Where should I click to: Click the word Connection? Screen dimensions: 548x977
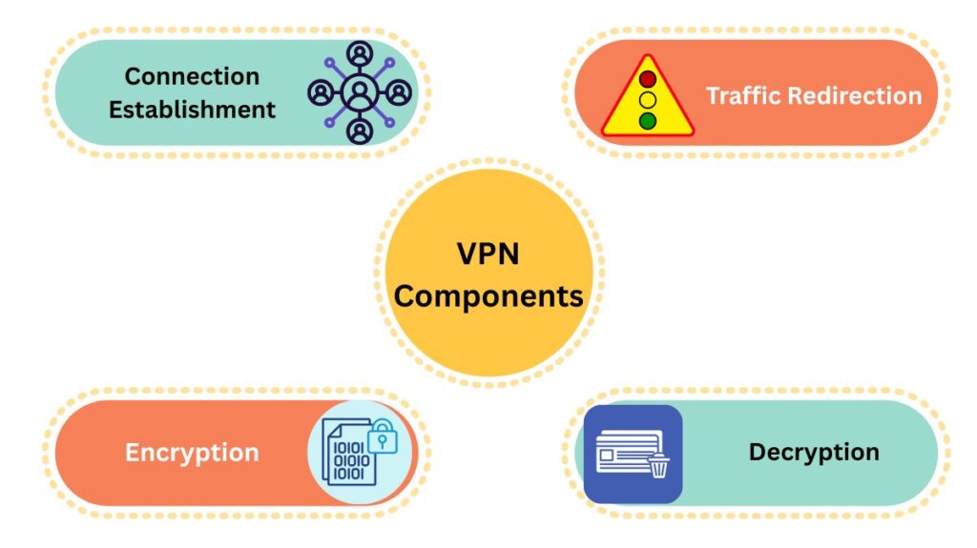(x=192, y=76)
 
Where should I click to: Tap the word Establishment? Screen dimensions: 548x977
(x=192, y=110)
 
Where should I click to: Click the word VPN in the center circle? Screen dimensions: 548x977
(x=488, y=256)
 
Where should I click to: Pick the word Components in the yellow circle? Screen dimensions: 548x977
(x=488, y=295)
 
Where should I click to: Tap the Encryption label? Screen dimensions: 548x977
(x=192, y=452)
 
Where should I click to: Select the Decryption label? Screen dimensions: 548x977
(x=814, y=452)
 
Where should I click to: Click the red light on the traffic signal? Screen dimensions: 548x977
(x=648, y=79)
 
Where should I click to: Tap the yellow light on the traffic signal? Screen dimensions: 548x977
(x=648, y=99)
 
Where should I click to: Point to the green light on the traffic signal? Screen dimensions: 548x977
(x=648, y=120)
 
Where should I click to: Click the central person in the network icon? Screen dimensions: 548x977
(x=359, y=92)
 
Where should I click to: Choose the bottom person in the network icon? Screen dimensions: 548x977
(x=359, y=130)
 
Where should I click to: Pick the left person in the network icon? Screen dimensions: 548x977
(x=322, y=93)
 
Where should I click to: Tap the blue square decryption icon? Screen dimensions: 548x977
(x=633, y=454)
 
